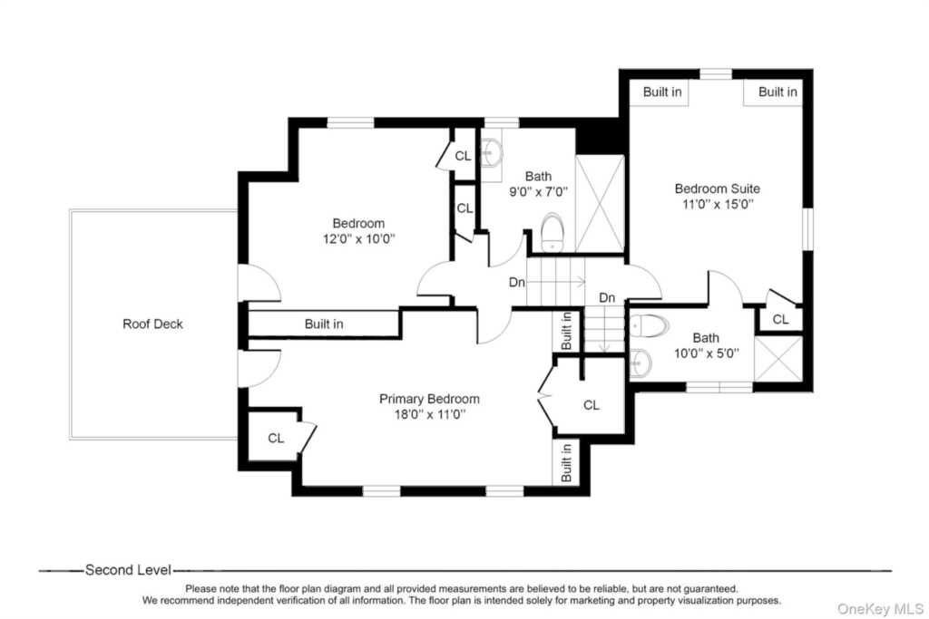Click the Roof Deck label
[152, 324]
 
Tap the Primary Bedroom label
[429, 399]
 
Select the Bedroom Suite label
[717, 189]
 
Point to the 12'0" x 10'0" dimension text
[358, 239]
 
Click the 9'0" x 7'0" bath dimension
[538, 192]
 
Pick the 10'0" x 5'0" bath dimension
[706, 353]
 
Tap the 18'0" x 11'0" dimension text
[429, 414]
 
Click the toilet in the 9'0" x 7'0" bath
[553, 233]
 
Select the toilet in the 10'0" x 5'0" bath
[649, 326]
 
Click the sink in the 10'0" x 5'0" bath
[641, 363]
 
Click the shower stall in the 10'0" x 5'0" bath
[777, 359]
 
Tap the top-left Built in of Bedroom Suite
[661, 92]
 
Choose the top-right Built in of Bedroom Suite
[777, 92]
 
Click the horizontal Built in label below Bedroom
[324, 324]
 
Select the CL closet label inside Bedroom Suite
[780, 320]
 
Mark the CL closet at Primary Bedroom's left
[276, 439]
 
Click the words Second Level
[128, 570]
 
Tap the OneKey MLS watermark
[880, 609]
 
